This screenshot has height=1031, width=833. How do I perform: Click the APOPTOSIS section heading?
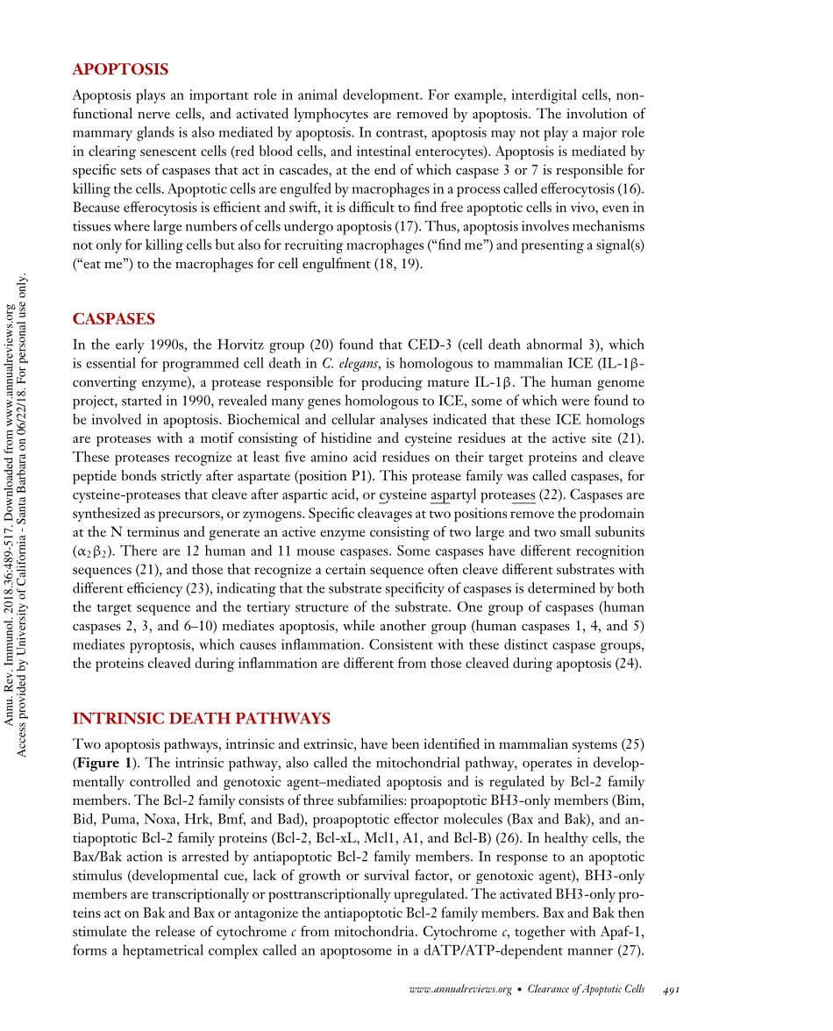pyautogui.click(x=120, y=69)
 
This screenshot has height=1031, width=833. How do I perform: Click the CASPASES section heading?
pyautogui.click(x=114, y=319)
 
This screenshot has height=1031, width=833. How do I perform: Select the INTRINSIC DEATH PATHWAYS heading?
pyautogui.click(x=201, y=720)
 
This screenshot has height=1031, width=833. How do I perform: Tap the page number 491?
pyautogui.click(x=672, y=989)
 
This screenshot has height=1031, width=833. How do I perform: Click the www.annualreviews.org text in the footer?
pyautogui.click(x=460, y=989)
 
